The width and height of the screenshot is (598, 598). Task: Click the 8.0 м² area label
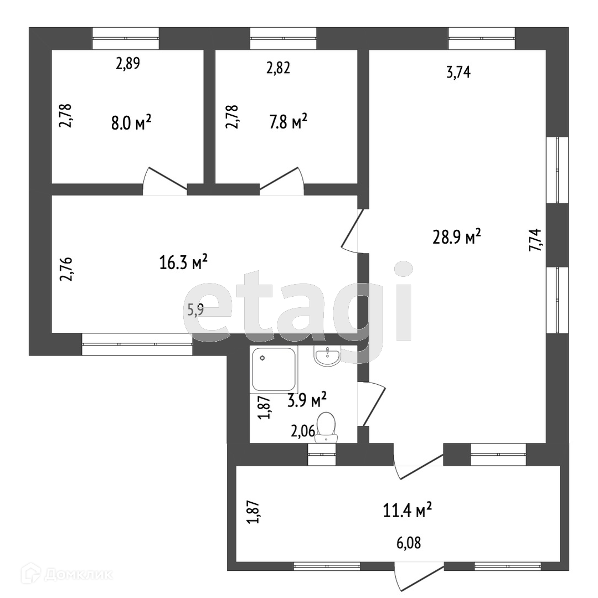(x=131, y=122)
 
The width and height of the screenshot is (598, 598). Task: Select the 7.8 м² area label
(x=288, y=122)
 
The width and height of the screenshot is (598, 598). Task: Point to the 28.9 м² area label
(x=456, y=237)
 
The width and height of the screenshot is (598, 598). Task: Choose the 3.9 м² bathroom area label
(x=307, y=399)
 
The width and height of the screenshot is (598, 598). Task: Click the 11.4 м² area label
(x=408, y=509)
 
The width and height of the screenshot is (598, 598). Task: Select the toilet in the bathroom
(x=326, y=427)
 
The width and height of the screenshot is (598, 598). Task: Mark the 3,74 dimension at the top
(x=458, y=72)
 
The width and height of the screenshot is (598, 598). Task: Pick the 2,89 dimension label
(x=127, y=64)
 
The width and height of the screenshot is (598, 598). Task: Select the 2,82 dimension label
(x=278, y=68)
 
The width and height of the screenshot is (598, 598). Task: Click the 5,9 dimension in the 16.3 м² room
(x=195, y=310)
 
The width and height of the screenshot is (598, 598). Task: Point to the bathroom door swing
(x=372, y=403)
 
